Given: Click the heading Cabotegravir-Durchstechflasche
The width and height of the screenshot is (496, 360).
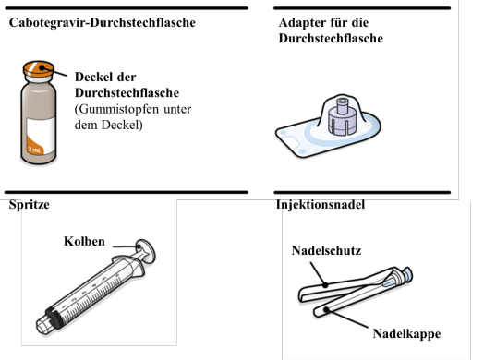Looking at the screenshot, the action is (x=103, y=23).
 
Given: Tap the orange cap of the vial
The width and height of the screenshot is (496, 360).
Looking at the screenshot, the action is (x=39, y=69).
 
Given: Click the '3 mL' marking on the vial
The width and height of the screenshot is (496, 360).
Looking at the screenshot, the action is (x=34, y=150).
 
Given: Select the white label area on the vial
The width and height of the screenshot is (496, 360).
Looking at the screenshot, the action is (x=42, y=135).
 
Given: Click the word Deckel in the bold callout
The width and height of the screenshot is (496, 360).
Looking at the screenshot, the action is (x=92, y=77).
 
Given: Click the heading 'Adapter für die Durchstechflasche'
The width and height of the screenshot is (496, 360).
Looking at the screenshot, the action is (x=331, y=30).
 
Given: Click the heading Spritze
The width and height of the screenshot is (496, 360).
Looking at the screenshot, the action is (x=30, y=205).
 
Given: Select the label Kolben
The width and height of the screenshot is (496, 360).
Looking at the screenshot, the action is (x=84, y=241).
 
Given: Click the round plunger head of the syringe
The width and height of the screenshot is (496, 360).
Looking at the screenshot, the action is (x=147, y=251).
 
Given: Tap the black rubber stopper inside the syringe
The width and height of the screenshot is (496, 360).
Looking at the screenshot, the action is (x=54, y=318).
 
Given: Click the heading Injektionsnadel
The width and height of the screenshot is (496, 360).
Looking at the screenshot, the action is (x=321, y=205).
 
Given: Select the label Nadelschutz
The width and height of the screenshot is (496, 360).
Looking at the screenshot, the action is (x=326, y=251).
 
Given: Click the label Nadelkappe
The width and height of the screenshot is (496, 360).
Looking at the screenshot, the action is (x=406, y=334).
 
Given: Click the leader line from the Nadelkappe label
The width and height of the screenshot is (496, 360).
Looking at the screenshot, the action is (x=346, y=318).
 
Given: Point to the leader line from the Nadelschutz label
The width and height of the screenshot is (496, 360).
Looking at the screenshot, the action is (x=318, y=274).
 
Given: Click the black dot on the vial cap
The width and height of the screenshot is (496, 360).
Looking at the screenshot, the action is (x=42, y=67).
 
